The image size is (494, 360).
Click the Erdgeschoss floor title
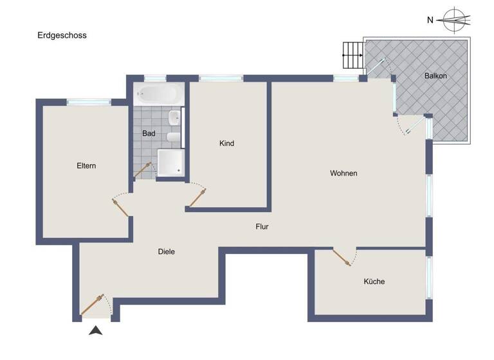(62, 35)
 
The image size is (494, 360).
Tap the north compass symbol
(455, 19)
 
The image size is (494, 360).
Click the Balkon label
(435, 76)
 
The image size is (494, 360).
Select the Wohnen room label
(343, 174)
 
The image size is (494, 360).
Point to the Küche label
(374, 282)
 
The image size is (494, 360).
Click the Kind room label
(226, 143)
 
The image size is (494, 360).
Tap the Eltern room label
(86, 166)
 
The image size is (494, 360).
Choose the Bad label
(149, 134)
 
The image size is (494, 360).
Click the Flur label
(261, 227)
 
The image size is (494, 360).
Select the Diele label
(166, 252)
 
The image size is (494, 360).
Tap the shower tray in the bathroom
(170, 162)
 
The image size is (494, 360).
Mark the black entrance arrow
(96, 331)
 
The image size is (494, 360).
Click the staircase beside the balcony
(352, 55)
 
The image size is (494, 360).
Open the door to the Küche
(342, 257)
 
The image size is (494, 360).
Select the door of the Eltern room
(120, 206)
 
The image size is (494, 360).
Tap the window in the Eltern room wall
(89, 102)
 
